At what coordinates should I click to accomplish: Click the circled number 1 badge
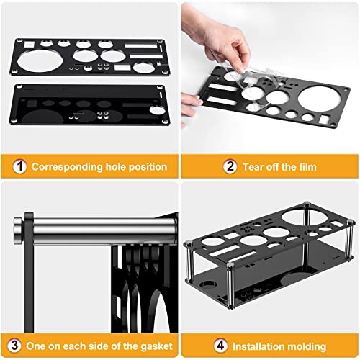19,166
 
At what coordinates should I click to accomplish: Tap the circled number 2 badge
230,166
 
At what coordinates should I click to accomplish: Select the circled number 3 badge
14,346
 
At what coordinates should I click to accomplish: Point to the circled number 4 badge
220,346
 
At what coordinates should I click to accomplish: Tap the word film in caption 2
306,167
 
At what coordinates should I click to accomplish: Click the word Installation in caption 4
258,346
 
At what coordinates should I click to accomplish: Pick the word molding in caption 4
307,347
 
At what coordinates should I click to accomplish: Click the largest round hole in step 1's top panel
40,60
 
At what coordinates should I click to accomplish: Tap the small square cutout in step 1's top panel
30,45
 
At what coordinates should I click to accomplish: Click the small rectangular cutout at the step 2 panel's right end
325,120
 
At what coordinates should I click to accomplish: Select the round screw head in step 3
17,230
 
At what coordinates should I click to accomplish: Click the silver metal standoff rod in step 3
103,230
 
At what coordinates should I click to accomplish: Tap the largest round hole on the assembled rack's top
305,217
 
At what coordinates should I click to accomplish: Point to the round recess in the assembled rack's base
208,284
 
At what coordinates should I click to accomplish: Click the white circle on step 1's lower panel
158,110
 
